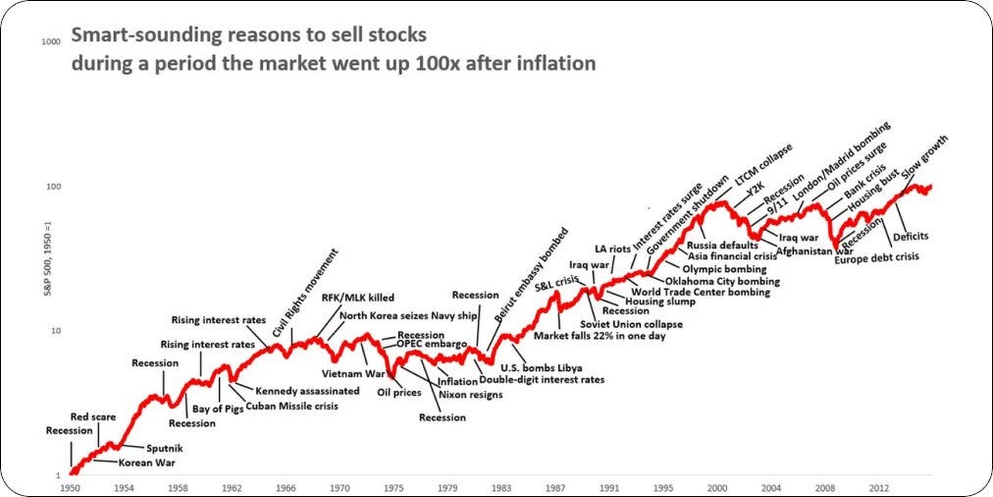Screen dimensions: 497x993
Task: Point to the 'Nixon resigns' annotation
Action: coord(471,394)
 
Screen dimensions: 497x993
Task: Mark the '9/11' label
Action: coord(778,209)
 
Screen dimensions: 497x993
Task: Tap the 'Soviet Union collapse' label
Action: coord(631,324)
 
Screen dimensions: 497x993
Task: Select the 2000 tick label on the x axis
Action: coord(717,486)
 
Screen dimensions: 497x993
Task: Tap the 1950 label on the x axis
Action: coord(70,486)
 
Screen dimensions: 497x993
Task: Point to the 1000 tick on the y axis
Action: coord(52,42)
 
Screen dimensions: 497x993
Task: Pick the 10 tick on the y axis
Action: coord(56,331)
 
